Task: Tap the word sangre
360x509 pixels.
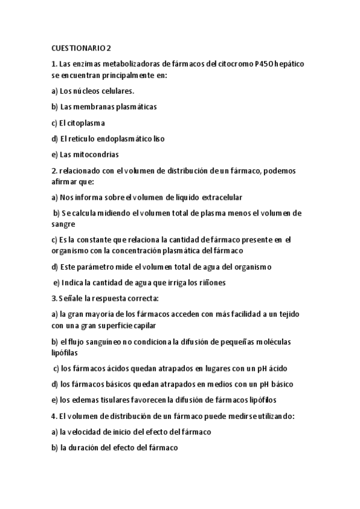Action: pyautogui.click(x=63, y=224)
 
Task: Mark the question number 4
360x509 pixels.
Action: pyautogui.click(x=54, y=415)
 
